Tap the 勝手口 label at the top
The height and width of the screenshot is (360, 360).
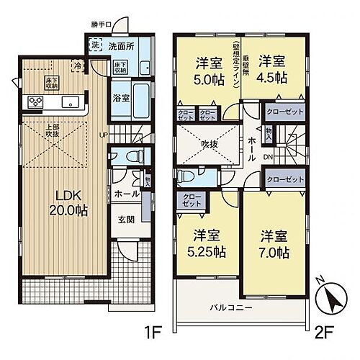[x=102, y=24]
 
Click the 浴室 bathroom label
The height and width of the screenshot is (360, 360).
[x=120, y=98]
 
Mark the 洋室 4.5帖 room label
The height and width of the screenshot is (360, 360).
[x=273, y=69]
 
